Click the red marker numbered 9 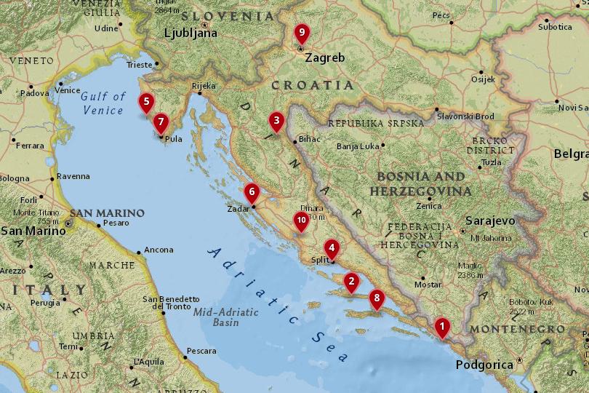301,33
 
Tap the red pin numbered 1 441,327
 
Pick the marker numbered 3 276,121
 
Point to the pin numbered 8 376,298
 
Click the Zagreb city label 325,58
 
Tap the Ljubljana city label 191,33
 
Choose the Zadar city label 239,208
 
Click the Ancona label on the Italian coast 159,250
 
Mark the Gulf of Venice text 103,103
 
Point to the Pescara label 201,351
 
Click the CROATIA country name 313,85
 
